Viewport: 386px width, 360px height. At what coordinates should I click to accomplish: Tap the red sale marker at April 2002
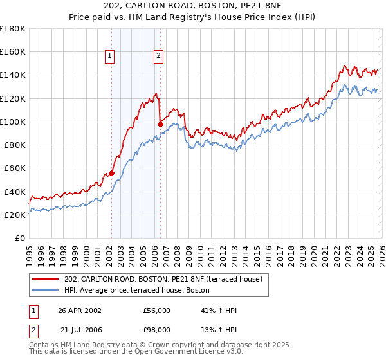click(111, 172)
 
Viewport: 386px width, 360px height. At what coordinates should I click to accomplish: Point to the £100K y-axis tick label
click(13, 122)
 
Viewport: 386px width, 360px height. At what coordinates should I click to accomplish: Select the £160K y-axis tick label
click(13, 51)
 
